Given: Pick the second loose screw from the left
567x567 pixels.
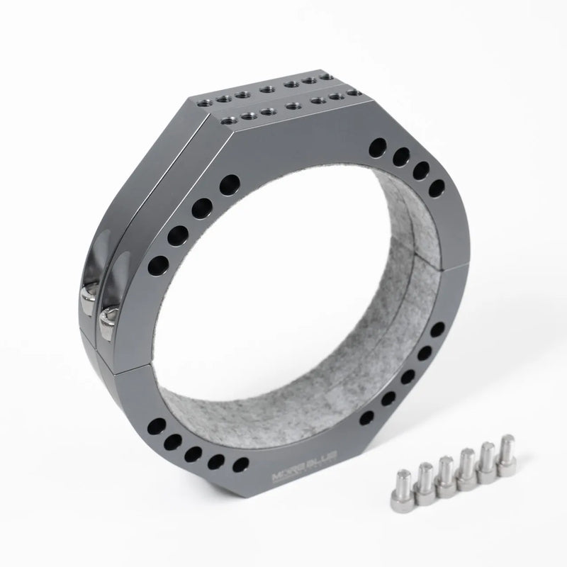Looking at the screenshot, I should [x=425, y=480].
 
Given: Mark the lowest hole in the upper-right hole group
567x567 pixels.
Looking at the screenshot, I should [x=437, y=187].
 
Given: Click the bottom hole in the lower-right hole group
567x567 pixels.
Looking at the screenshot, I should [x=367, y=418].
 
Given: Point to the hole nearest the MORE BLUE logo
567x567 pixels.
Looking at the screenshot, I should [x=241, y=464].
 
